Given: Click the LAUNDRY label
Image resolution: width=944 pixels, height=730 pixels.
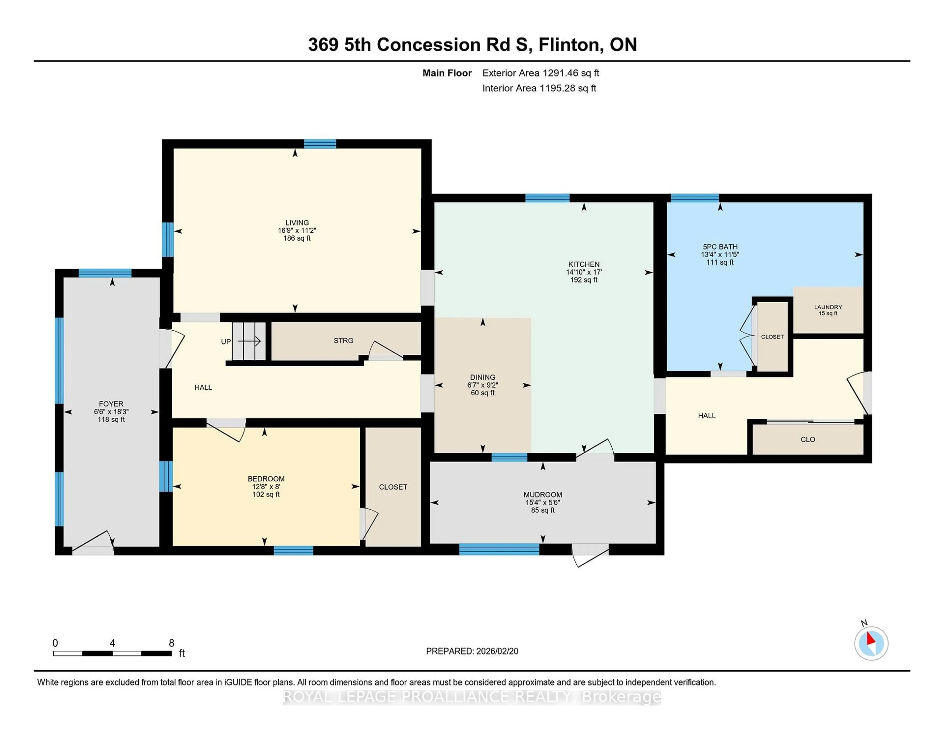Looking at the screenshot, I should [x=828, y=307].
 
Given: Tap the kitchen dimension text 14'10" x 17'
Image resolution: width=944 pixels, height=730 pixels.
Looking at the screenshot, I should [x=584, y=272].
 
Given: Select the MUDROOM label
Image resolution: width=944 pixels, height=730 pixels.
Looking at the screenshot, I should [x=543, y=495].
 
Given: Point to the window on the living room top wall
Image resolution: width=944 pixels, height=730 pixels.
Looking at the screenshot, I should [x=320, y=144].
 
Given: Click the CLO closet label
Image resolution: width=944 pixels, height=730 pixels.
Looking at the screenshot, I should [x=807, y=439].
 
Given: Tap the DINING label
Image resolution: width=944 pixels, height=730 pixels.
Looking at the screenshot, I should [x=482, y=377].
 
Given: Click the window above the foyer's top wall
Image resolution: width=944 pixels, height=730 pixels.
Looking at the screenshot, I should [x=104, y=273].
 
